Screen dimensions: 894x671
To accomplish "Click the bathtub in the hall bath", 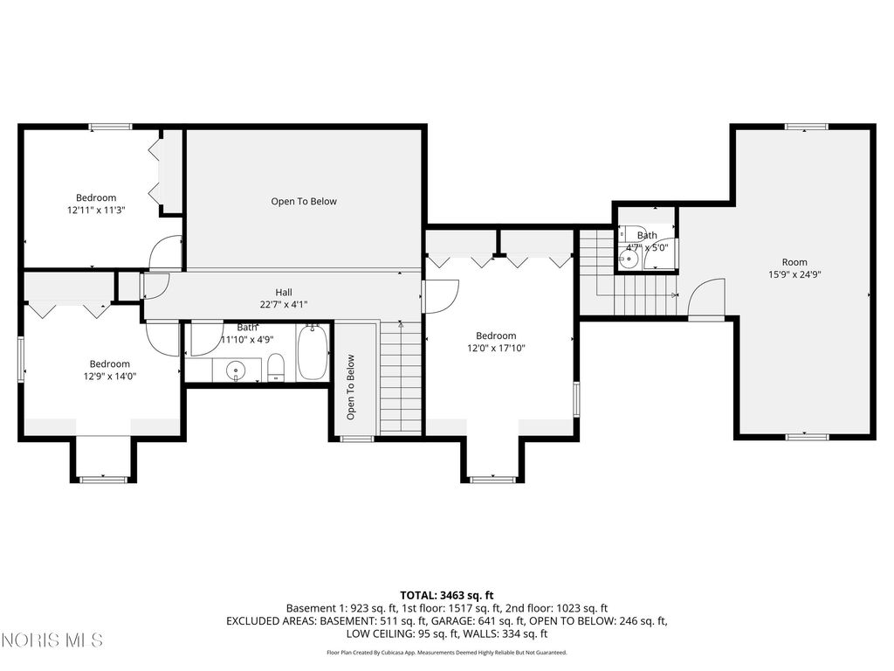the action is (x=313, y=352).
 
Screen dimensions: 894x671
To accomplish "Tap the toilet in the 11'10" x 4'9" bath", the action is (x=276, y=367).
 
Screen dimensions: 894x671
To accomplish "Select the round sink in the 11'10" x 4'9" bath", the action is (x=235, y=370).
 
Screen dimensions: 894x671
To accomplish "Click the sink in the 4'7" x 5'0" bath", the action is (x=629, y=259).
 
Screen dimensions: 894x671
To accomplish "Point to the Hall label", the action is (x=284, y=292).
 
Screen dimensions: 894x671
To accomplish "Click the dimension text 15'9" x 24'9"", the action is (x=794, y=274).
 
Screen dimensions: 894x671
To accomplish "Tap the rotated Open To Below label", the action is (x=351, y=387).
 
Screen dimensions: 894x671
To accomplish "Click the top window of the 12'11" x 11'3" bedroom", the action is (x=111, y=127).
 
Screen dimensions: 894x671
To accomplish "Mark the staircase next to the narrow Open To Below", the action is (x=401, y=377).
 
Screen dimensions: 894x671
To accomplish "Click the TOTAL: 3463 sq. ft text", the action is (x=446, y=596).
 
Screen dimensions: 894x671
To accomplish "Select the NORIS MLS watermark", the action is (x=52, y=640).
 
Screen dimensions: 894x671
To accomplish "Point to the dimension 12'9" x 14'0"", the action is (x=109, y=376).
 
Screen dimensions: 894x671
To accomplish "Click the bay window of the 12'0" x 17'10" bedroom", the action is (x=492, y=480).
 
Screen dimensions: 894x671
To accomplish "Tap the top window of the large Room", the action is (x=806, y=127).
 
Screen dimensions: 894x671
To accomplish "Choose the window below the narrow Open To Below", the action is (x=357, y=439).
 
